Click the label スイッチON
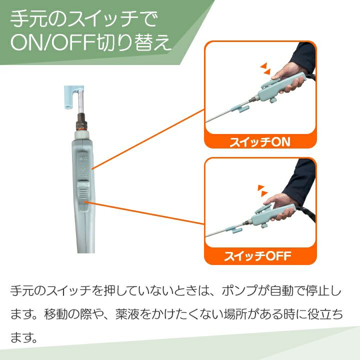[260, 142]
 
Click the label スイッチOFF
[258, 256]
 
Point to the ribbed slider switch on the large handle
[83, 193]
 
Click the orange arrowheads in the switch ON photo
[265, 68]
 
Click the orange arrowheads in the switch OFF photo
[262, 190]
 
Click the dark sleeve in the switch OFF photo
[299, 181]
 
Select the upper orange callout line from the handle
[148, 139]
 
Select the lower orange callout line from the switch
[144, 213]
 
